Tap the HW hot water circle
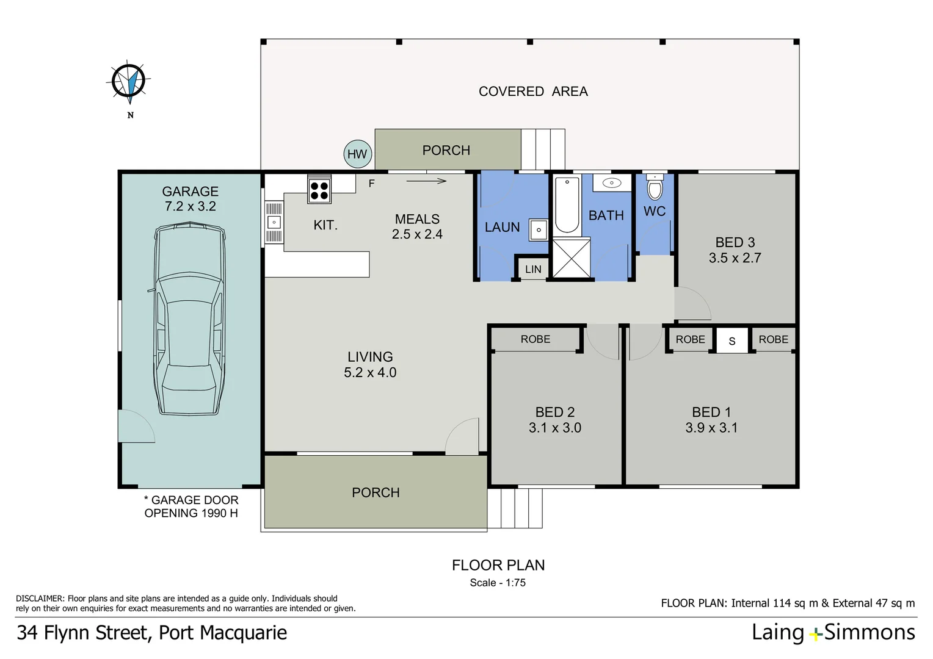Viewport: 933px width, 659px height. (x=357, y=154)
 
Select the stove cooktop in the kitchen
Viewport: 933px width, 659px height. (x=319, y=189)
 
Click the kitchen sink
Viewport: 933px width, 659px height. (x=274, y=223)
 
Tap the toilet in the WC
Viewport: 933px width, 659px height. (x=655, y=187)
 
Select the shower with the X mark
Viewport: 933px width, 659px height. (x=572, y=259)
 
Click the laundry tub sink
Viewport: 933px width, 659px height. (x=539, y=230)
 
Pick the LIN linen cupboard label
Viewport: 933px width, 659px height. (x=533, y=269)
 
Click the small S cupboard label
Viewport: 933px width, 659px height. (x=732, y=341)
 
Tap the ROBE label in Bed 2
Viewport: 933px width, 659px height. (x=535, y=339)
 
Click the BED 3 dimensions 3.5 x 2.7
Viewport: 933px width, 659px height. (x=735, y=258)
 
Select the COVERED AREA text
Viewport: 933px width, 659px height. (x=533, y=92)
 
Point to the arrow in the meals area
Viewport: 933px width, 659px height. (x=426, y=181)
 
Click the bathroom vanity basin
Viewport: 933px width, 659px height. (x=612, y=183)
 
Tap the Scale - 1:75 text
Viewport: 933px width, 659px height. (x=498, y=583)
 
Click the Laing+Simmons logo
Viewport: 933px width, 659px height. (x=833, y=633)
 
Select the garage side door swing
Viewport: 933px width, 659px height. (x=136, y=427)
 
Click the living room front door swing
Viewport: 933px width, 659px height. (x=463, y=437)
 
